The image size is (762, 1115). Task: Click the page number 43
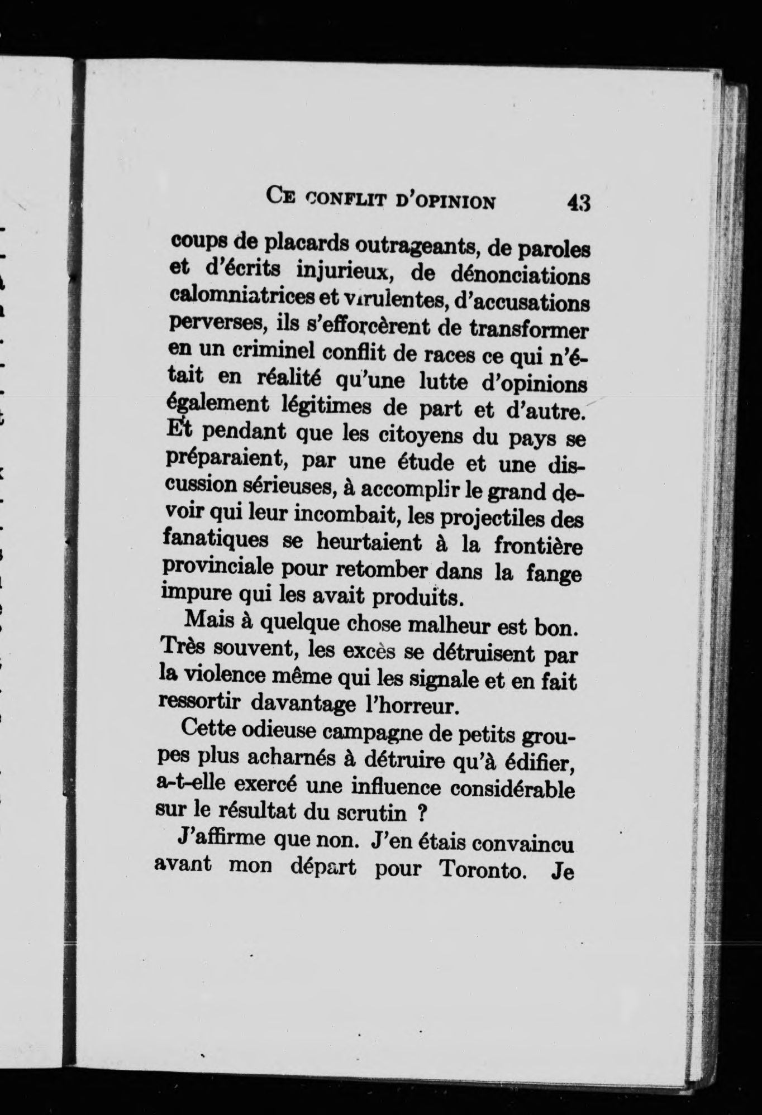point(579,202)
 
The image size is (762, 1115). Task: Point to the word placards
point(306,243)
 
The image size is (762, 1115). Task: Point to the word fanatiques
point(213,541)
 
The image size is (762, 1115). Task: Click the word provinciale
point(215,568)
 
